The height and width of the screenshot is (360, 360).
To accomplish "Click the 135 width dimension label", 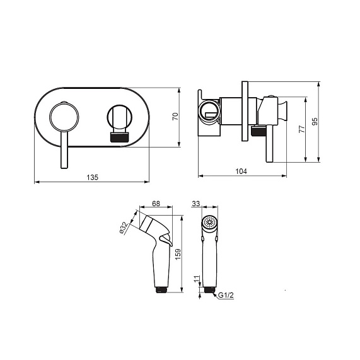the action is click(x=92, y=177).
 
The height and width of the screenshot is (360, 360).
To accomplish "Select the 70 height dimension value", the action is click(x=175, y=117).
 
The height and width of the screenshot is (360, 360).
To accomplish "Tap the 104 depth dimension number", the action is click(x=241, y=171).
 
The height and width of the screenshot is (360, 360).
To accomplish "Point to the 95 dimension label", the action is click(x=315, y=121).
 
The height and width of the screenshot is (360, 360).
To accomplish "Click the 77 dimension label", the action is click(x=302, y=129).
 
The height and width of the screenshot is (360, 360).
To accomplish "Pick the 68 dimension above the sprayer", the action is click(x=156, y=204).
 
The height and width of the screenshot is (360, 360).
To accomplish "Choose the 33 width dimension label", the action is click(x=196, y=204).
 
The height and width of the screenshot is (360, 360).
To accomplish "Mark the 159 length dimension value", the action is click(x=178, y=254).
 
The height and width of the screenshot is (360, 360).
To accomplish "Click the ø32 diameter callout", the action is click(x=124, y=228).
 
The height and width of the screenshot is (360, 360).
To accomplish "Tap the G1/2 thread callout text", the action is click(x=226, y=295).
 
